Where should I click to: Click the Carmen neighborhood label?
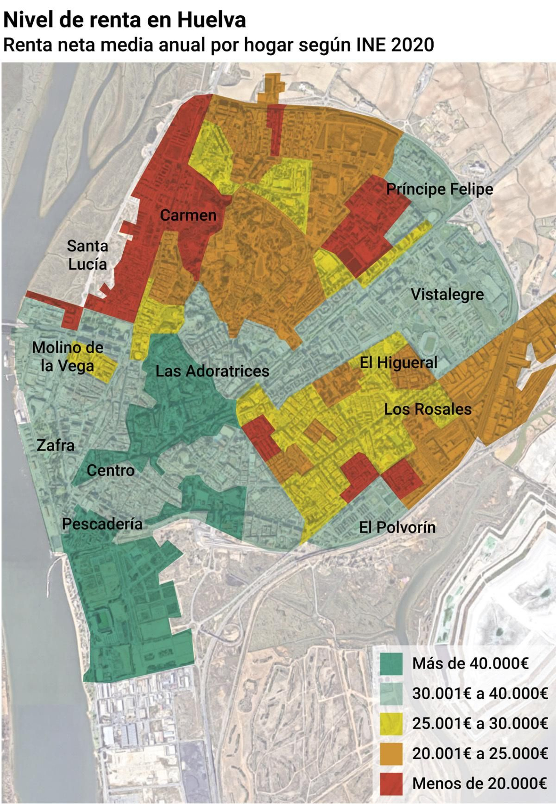tap(188, 216)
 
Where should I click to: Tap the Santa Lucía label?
tap(88, 255)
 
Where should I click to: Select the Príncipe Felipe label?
tap(440, 189)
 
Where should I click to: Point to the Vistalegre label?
tap(447, 294)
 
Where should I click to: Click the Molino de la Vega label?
tap(67, 357)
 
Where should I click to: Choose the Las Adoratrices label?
tap(212, 371)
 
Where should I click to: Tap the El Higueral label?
tap(398, 363)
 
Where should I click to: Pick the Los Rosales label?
tap(428, 409)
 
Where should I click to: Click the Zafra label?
tap(56, 445)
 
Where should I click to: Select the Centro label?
tap(111, 471)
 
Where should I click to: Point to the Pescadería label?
tap(102, 524)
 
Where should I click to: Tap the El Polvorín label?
tap(397, 527)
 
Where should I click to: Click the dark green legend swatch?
tap(391, 664)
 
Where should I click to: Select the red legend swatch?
tap(391, 784)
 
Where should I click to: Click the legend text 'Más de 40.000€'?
tap(470, 663)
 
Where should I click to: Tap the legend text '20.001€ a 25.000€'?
tap(480, 754)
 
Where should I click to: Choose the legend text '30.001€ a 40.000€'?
tap(480, 693)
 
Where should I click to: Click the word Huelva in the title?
tap(212, 20)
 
